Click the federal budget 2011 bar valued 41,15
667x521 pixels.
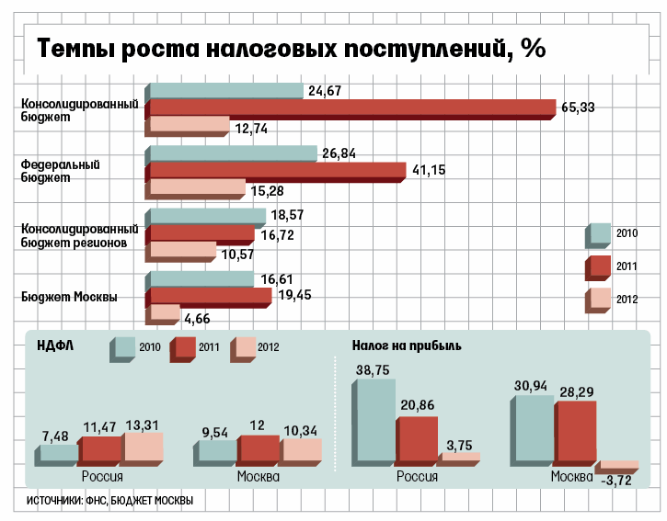pos(276,170)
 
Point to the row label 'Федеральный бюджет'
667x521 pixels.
pos(60,171)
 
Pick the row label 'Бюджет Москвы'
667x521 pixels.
pos(69,297)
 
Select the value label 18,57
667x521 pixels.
pos(288,215)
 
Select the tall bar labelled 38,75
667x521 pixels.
pos(374,421)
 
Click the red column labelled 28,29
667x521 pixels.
pos(576,432)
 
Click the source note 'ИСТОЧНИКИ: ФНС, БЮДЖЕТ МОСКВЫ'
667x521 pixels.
pos(109,501)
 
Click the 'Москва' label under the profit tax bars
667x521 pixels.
pos(571,478)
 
